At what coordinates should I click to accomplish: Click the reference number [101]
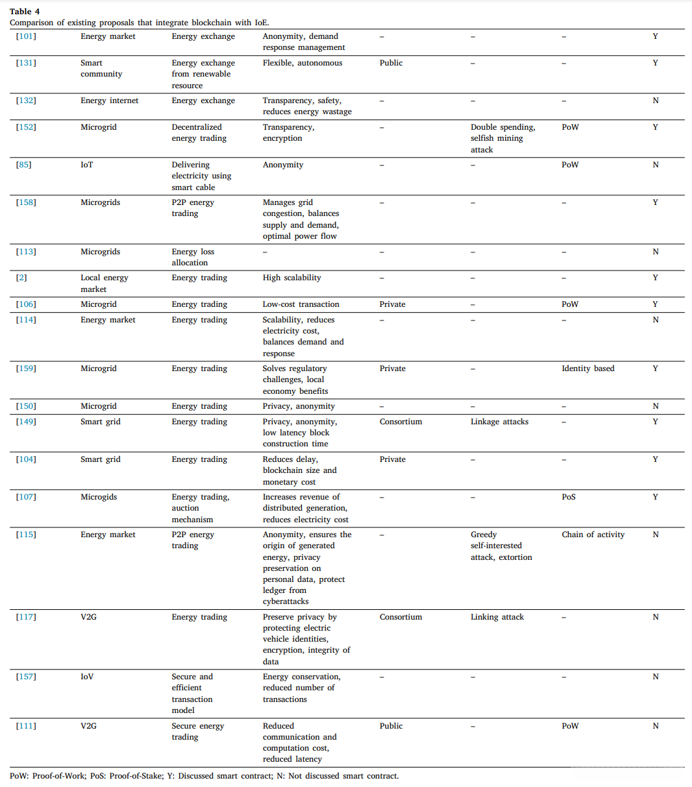26,36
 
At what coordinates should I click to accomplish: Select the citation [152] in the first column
26,127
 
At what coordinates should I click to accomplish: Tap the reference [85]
23,165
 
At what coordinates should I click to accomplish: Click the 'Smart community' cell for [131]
101,68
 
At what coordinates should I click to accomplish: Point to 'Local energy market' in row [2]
105,284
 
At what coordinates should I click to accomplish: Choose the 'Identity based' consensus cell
587,369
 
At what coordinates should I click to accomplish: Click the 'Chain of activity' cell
593,535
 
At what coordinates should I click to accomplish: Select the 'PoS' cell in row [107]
569,497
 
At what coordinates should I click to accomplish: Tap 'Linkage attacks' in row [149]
499,422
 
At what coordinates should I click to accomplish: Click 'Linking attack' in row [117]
497,617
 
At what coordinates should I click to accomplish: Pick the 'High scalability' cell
291,278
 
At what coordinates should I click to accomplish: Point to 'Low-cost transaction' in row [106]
301,304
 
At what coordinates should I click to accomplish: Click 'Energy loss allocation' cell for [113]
193,257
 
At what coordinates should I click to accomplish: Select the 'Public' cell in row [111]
391,726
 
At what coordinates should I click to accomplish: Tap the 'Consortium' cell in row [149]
401,422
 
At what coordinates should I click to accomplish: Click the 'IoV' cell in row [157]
87,677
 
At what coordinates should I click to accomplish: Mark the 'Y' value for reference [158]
655,202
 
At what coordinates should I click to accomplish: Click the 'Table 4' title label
25,11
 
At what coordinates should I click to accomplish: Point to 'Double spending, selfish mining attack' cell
502,138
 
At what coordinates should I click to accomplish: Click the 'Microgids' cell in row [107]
99,497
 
